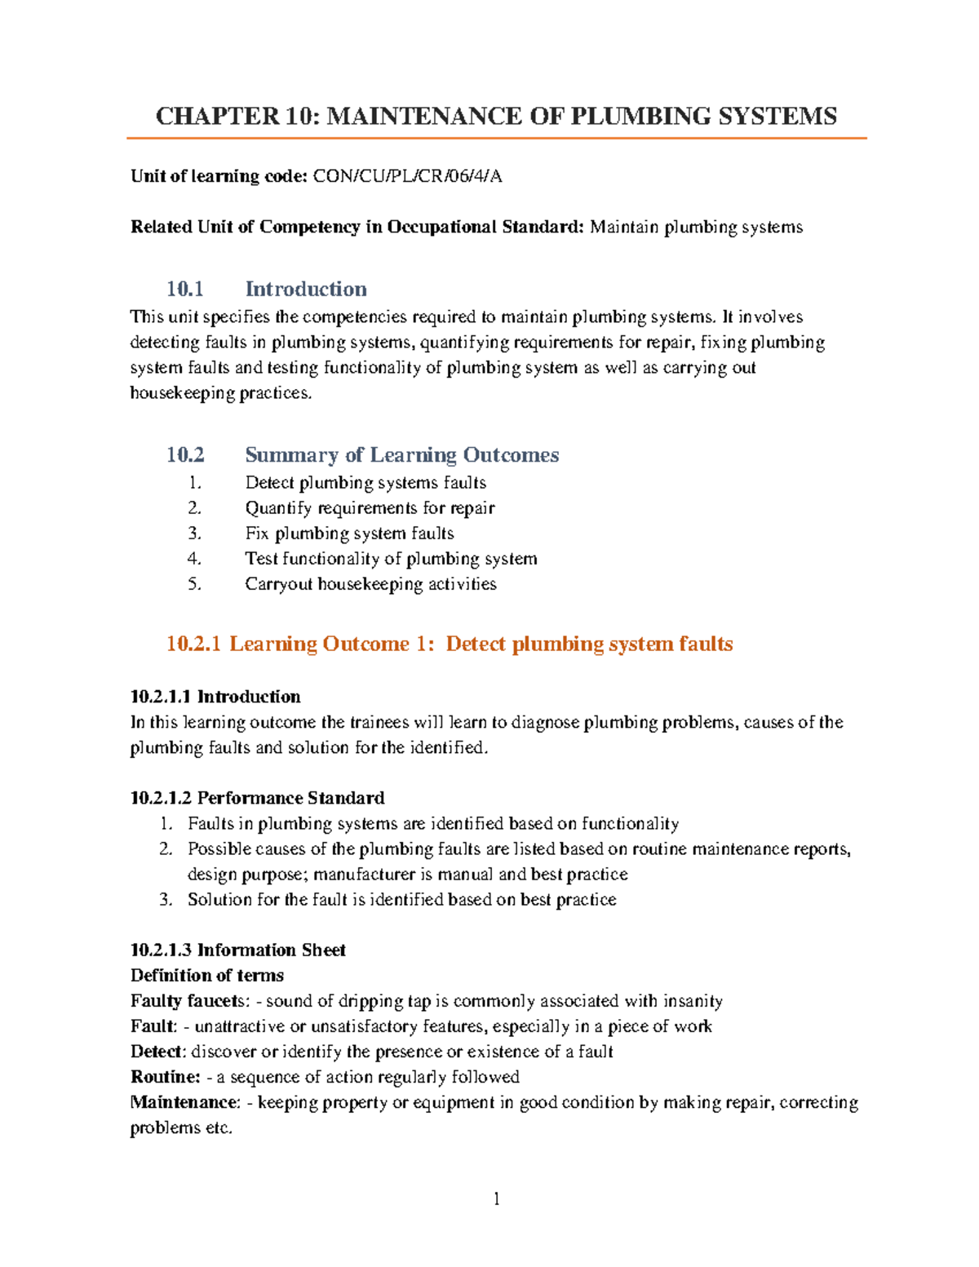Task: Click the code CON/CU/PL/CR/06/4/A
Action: click(x=407, y=176)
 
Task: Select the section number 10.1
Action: click(x=184, y=289)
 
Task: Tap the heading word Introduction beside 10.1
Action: click(x=306, y=289)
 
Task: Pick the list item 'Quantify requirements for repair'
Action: click(x=370, y=508)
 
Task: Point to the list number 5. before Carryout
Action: click(x=194, y=584)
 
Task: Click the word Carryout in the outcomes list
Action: click(x=278, y=584)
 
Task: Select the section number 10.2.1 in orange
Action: click(x=193, y=644)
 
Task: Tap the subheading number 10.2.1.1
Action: click(x=161, y=697)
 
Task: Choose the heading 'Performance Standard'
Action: click(x=290, y=798)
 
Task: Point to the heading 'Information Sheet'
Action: click(x=271, y=950)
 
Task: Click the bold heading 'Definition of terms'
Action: click(x=207, y=975)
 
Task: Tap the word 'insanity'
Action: click(x=693, y=1001)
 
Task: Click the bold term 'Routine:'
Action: click(x=165, y=1077)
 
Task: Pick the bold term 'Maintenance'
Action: click(x=184, y=1102)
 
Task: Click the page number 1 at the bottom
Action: click(x=496, y=1198)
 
